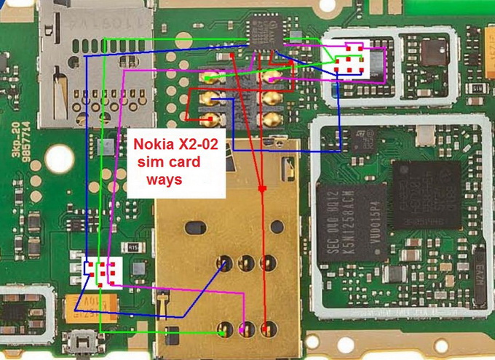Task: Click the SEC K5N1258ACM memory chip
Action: click(349, 218)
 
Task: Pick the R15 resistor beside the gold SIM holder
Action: click(134, 247)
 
